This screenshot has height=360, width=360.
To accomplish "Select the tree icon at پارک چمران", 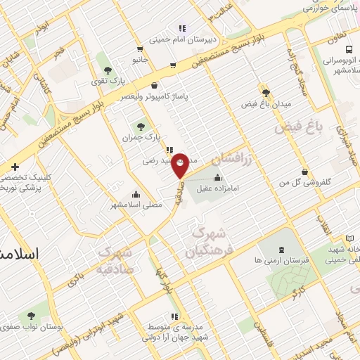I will click(141, 127).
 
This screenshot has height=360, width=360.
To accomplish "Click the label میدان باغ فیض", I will click(266, 104).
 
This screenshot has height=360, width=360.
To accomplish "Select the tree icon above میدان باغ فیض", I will click(266, 92).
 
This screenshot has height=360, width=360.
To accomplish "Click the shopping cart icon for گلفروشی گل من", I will click(304, 172).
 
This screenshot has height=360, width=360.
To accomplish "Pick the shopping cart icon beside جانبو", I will click(140, 49).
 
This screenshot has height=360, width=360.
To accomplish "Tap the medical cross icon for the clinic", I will click(15, 167).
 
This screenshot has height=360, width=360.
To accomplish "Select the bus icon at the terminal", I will click(349, 49).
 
